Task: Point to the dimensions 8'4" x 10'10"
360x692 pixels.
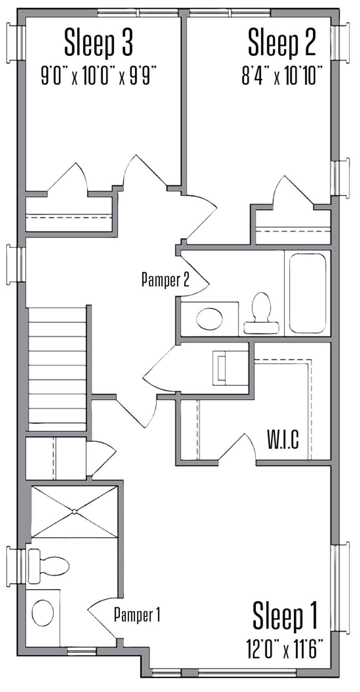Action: (x=282, y=75)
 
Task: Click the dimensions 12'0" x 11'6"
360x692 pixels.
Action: (x=285, y=648)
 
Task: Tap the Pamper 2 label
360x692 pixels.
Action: (x=165, y=279)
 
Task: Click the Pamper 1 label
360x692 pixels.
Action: (x=137, y=614)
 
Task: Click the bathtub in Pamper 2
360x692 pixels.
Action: (x=307, y=293)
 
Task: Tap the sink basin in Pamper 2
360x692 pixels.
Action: (x=209, y=319)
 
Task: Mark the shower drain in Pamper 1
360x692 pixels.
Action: (x=74, y=511)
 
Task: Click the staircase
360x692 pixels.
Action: (x=57, y=368)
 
